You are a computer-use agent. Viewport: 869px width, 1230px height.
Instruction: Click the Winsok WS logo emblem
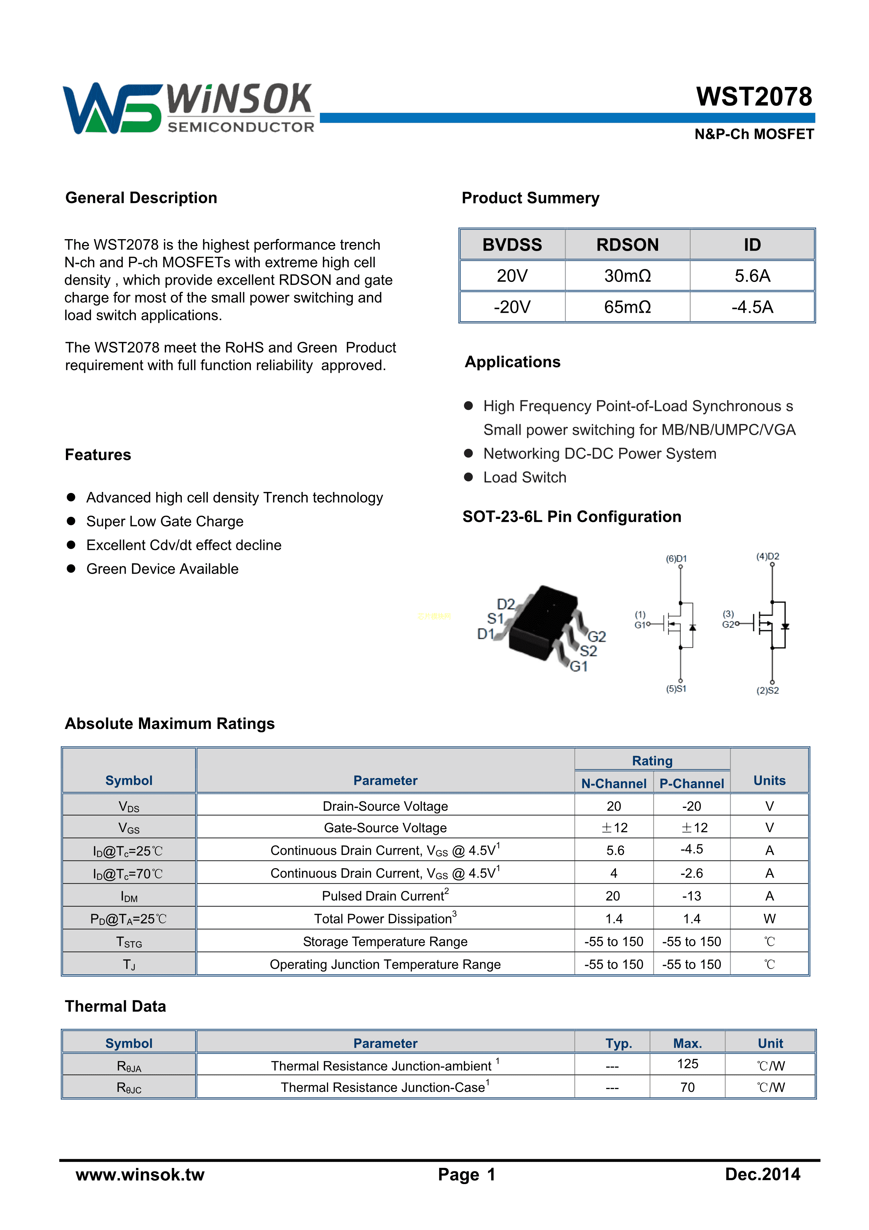pos(112,108)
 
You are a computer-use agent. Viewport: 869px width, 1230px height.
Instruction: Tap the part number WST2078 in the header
pos(754,97)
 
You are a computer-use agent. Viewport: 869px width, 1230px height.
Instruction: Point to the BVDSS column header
pos(512,245)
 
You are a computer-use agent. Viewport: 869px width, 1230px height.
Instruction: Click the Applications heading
pos(512,362)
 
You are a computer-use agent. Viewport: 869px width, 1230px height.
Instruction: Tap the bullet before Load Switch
pos(468,477)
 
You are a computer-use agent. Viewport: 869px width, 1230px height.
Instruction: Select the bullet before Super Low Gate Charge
pos(71,521)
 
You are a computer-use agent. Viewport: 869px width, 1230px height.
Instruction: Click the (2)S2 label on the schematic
pos(767,690)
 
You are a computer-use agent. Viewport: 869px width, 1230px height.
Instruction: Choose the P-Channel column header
pos(691,784)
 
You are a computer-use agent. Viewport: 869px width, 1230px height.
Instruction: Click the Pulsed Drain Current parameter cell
pos(385,896)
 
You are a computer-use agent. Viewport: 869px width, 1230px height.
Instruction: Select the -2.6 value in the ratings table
pos(691,873)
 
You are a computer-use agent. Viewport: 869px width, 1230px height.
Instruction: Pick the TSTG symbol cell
pos(129,942)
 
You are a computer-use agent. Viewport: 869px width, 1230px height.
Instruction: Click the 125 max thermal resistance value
pos(687,1064)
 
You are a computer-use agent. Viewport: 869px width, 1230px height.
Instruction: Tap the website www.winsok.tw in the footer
pos(140,1175)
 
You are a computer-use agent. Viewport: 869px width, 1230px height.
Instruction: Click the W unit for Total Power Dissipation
pos(769,919)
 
